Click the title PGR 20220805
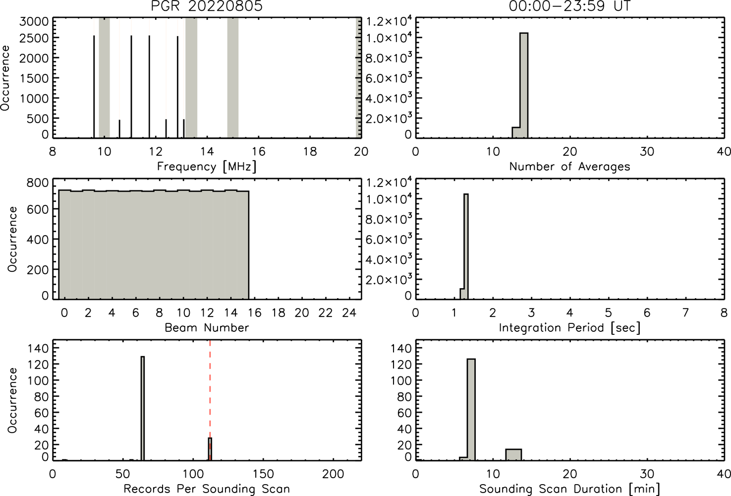click(207, 6)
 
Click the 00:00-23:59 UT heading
click(569, 6)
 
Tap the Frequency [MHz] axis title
click(207, 167)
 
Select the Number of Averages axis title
click(569, 167)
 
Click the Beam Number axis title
click(207, 327)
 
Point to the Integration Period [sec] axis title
click(569, 328)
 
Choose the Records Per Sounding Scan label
click(207, 489)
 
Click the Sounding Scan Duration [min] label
click(569, 489)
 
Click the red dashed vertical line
click(210, 400)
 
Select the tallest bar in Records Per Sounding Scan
click(143, 408)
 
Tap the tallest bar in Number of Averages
click(524, 85)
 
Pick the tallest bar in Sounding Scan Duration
click(471, 410)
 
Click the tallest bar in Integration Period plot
click(466, 246)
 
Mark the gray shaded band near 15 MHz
click(232, 78)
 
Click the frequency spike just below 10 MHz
click(94, 86)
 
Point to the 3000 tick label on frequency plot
click(34, 21)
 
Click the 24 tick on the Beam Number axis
click(349, 313)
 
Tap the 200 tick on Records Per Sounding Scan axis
click(333, 474)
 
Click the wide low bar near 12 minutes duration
click(513, 454)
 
